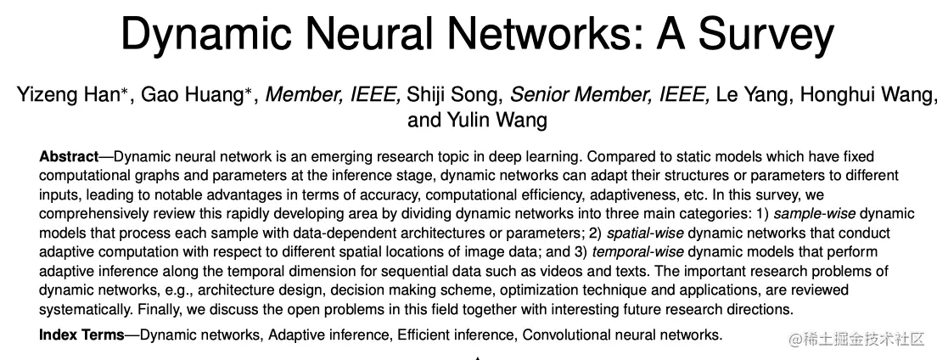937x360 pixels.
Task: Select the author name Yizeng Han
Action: tap(68, 93)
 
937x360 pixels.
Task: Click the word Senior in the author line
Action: tap(541, 93)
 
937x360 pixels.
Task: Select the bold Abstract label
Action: tap(68, 157)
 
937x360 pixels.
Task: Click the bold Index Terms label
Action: tap(81, 335)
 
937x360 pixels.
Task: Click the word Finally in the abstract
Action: tap(159, 309)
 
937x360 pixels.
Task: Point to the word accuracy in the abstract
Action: tap(351, 195)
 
